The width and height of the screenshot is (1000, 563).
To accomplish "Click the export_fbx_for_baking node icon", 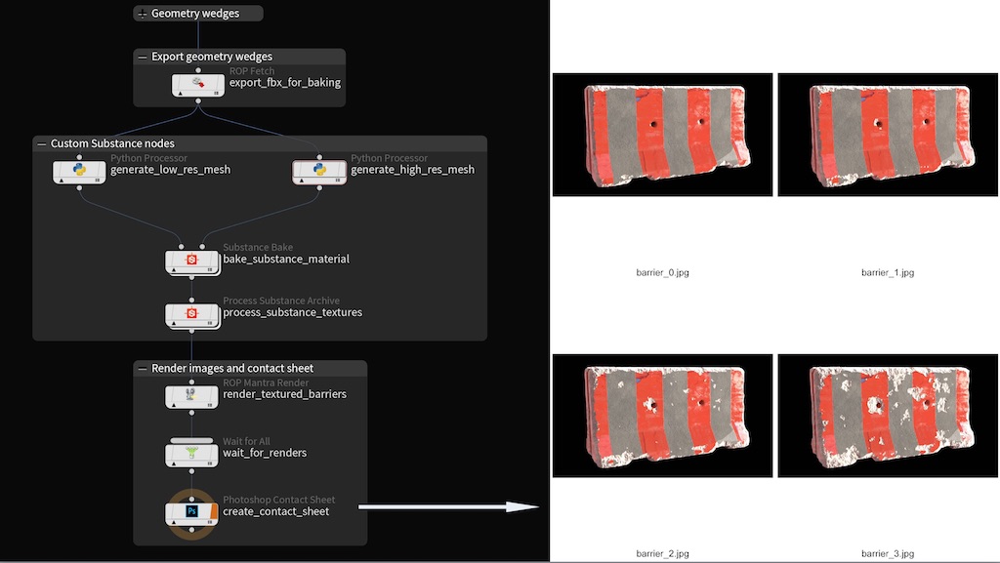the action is point(197,85).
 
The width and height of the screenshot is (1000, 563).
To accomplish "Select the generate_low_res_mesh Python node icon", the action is point(79,172).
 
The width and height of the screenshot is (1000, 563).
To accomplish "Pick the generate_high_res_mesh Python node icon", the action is point(319,172).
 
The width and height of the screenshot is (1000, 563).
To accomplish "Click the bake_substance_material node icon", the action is point(192,261).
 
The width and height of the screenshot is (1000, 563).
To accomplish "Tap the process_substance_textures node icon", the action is point(192,314).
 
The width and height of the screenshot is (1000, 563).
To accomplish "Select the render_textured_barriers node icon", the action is point(191,396).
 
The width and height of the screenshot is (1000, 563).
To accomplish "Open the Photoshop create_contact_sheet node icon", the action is point(191,512).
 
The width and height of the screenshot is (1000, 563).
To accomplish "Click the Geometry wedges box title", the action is point(195,14).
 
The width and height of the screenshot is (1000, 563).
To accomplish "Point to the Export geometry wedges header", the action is point(212,57).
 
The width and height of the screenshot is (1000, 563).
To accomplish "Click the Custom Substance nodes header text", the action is point(112,144).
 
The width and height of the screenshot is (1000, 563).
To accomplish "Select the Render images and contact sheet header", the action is point(232,368).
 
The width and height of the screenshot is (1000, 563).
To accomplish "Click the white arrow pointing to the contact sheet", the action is point(448,507).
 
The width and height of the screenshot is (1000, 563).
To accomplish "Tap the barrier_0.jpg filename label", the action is point(663,272).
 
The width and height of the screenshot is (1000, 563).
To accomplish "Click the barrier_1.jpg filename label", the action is point(888,272).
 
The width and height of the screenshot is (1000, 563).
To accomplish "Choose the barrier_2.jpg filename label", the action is point(663,553).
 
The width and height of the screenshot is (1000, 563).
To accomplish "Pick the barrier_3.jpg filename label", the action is point(888,553).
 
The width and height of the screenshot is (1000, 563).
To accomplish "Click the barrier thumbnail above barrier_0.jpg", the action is point(663,135).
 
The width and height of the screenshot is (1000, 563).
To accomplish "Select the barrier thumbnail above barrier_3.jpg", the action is point(888,416).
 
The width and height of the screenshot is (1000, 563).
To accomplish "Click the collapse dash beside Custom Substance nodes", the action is point(41,144).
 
